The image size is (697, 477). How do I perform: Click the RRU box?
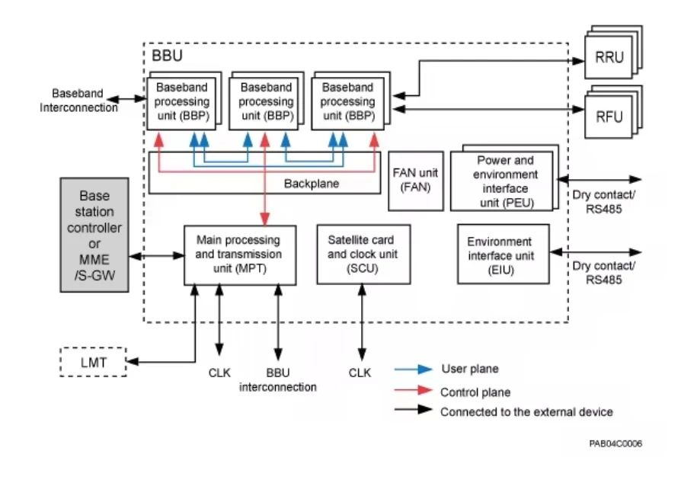coord(609,58)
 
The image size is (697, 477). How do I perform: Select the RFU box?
coord(609,116)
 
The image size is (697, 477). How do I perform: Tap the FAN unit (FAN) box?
coord(416,179)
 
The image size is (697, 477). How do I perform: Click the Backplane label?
coord(311,184)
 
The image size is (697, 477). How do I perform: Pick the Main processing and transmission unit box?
coord(238,255)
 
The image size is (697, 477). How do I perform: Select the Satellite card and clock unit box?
coord(360,255)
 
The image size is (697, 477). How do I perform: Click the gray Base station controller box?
coord(94,234)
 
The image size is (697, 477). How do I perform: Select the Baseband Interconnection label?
coord(78,101)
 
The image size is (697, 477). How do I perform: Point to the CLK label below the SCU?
coord(360,373)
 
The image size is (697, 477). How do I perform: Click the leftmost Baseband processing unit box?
coord(182,102)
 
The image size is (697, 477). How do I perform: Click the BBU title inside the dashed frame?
coord(167,56)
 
